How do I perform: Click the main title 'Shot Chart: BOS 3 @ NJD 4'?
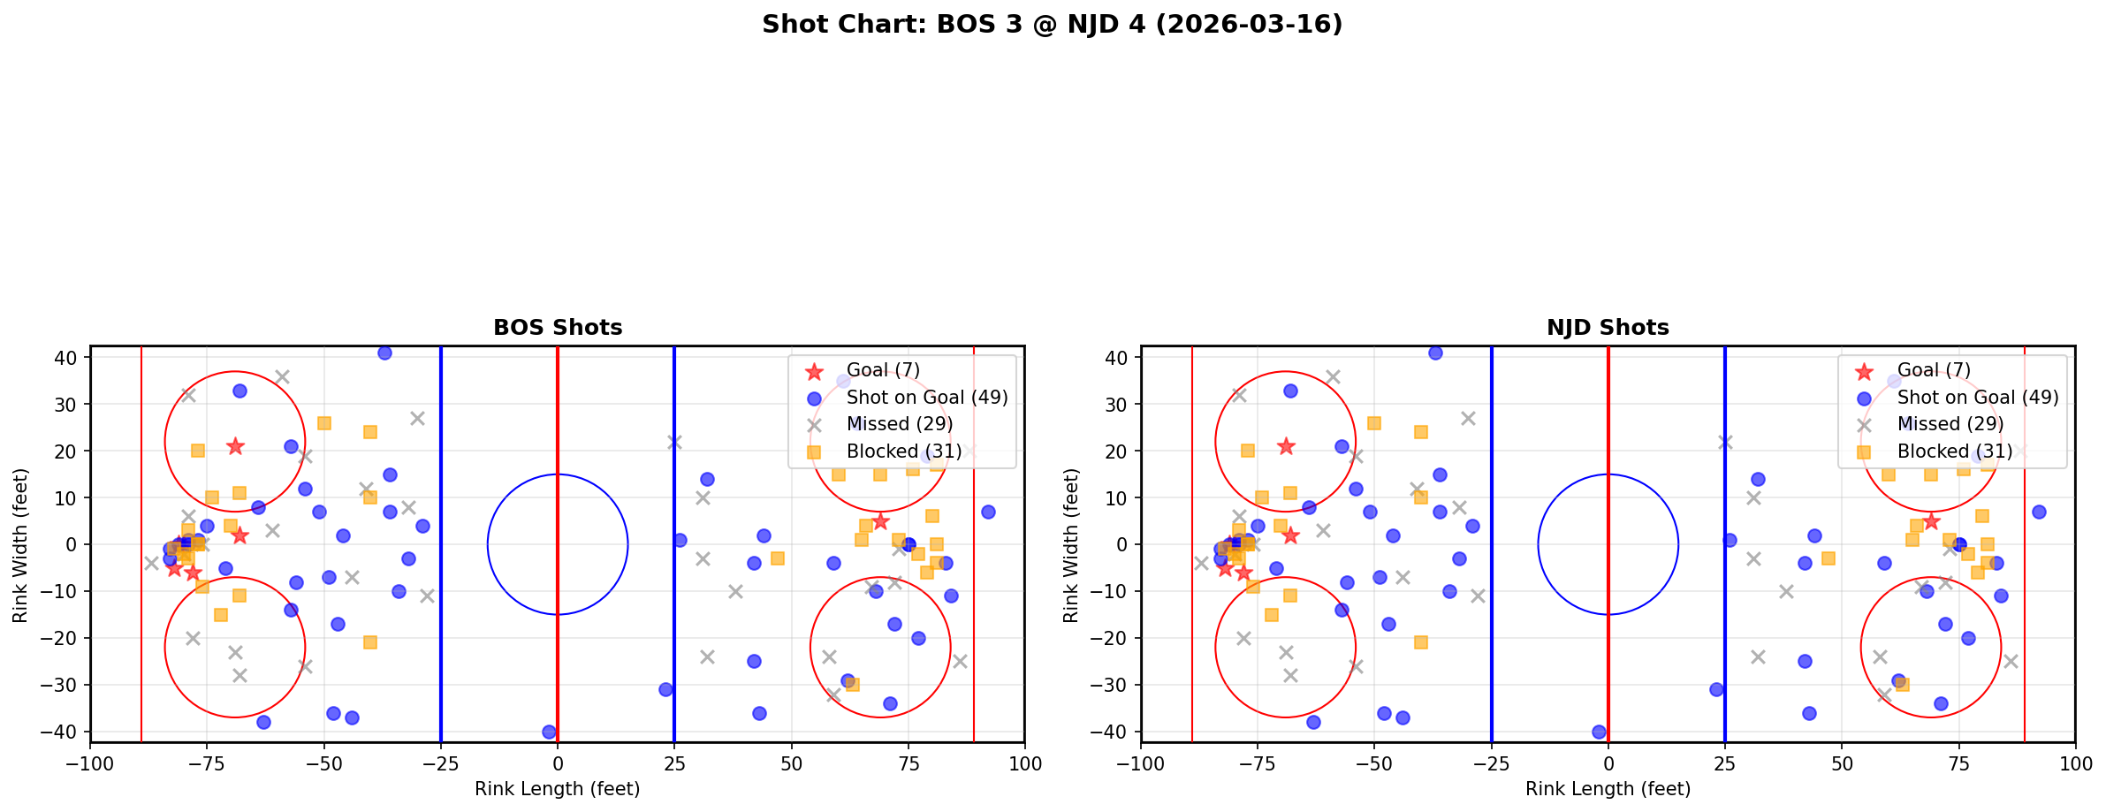coord(1052,25)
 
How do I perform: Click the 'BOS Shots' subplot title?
coord(558,328)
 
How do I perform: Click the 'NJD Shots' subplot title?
coord(1608,328)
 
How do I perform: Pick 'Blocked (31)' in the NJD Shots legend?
coord(1954,452)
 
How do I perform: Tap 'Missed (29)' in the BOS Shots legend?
coord(899,424)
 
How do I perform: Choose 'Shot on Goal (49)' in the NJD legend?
coord(1977,398)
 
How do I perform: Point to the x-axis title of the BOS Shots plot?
coord(558,789)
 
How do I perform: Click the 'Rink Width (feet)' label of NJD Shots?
coord(1071,544)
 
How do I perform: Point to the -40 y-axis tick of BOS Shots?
coord(66,732)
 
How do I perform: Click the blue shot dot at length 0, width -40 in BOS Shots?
coord(549,732)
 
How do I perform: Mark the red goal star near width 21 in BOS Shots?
coord(235,446)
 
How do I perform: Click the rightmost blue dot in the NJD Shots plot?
coord(2038,512)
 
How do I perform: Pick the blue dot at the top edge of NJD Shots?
coord(1435,353)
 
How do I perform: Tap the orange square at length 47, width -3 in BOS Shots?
coord(777,558)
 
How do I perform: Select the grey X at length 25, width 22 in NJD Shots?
coord(1724,442)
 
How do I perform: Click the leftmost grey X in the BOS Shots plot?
coord(151,563)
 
